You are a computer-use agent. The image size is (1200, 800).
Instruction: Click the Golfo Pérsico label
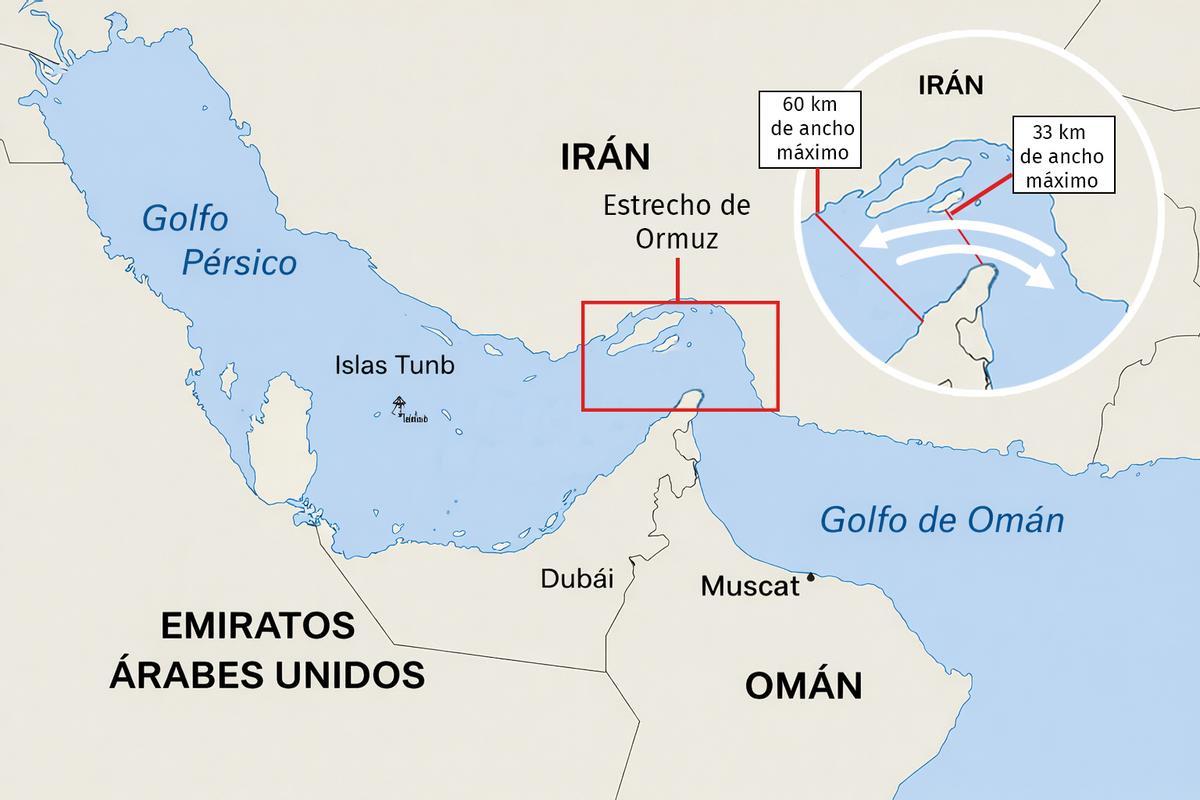tap(220, 240)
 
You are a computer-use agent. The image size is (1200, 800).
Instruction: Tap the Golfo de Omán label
tap(941, 520)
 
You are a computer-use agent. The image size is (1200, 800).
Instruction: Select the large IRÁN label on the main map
tap(605, 157)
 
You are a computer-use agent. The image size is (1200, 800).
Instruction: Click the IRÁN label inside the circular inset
tap(950, 86)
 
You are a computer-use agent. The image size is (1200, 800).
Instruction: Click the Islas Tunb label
tap(394, 365)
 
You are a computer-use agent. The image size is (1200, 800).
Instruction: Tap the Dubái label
tap(576, 578)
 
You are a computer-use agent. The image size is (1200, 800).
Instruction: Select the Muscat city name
tap(749, 586)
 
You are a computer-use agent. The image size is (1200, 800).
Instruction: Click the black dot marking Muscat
tap(811, 577)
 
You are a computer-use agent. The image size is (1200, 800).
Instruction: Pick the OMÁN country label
tap(803, 686)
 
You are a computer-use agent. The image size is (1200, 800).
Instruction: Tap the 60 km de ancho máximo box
tap(810, 129)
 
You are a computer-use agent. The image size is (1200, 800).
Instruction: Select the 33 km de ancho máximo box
tap(1061, 156)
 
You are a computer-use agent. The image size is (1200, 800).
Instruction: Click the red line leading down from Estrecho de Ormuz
tap(677, 279)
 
